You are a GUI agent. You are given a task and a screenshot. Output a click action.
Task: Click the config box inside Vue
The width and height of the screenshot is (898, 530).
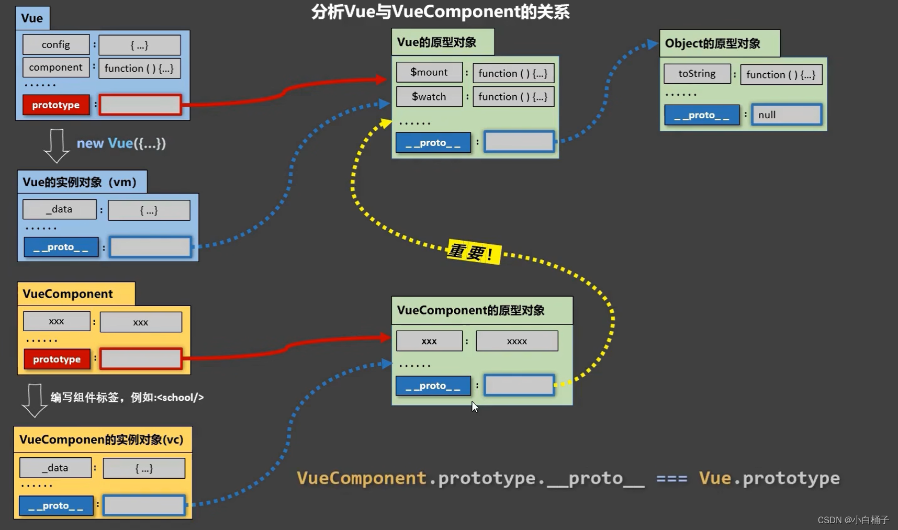pos(56,45)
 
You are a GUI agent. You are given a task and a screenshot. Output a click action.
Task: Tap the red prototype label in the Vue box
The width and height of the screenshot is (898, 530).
pos(56,105)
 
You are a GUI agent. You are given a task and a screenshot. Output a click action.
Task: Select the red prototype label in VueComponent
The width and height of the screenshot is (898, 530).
pos(57,359)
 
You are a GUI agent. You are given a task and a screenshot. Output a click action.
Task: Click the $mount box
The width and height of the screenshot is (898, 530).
pos(429,72)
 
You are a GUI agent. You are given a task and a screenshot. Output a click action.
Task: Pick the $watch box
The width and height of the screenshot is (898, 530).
pos(429,97)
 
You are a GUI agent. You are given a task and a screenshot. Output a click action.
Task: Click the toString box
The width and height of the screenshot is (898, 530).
pos(697,74)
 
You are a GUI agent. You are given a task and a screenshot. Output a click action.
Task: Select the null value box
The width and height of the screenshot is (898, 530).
pos(786,115)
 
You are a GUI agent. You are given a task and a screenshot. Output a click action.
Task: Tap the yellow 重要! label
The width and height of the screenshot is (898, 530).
pos(473,253)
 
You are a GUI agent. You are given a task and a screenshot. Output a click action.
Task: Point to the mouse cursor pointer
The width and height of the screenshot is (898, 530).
pos(474,407)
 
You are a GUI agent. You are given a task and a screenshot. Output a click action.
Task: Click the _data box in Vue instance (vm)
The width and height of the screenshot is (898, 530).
pos(60,209)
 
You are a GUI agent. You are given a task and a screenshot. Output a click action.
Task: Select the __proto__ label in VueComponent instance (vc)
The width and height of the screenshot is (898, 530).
pos(56,506)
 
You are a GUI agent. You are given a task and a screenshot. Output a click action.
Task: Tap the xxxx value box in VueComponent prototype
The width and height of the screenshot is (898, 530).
pos(517,341)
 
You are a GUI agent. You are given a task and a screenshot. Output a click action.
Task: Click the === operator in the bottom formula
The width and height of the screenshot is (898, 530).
pos(671,478)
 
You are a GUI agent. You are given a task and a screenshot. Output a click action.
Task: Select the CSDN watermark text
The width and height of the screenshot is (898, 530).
pos(852,520)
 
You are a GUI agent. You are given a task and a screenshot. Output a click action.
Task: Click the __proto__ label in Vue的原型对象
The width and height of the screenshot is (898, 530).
pos(433,143)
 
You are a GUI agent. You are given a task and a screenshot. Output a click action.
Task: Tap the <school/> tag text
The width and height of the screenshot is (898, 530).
pos(180,398)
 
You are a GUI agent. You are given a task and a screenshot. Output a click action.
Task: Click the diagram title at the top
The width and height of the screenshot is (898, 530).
pos(440,12)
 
